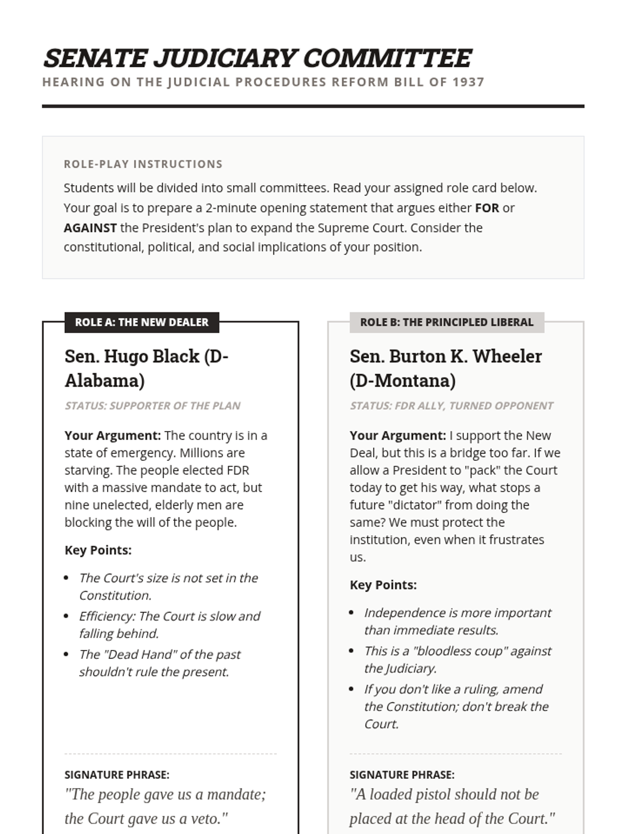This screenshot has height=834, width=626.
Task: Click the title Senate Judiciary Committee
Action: point(257,58)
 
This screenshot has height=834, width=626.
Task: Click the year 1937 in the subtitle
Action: point(468,82)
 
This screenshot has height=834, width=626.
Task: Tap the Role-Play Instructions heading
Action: point(143,164)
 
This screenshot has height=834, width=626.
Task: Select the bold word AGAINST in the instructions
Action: point(90,228)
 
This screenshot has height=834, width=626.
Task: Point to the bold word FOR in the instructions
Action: point(487,208)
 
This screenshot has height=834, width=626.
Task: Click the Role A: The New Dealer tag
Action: point(141,322)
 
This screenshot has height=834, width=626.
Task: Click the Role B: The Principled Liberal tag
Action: point(447,322)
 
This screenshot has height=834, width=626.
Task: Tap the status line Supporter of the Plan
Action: point(152,406)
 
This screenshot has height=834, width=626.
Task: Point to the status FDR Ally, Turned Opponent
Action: point(451,406)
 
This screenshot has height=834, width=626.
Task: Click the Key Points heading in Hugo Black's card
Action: point(98,550)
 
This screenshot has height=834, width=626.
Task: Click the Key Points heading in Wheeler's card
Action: point(383,585)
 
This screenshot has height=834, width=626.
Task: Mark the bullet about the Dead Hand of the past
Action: point(160,663)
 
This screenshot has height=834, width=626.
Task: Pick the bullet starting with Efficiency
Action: point(169,624)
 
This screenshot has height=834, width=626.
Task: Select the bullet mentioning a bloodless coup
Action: point(457,659)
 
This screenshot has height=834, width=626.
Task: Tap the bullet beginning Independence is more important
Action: point(457,621)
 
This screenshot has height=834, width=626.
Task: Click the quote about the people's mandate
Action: point(165,806)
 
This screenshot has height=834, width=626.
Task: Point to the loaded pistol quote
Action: point(452,806)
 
